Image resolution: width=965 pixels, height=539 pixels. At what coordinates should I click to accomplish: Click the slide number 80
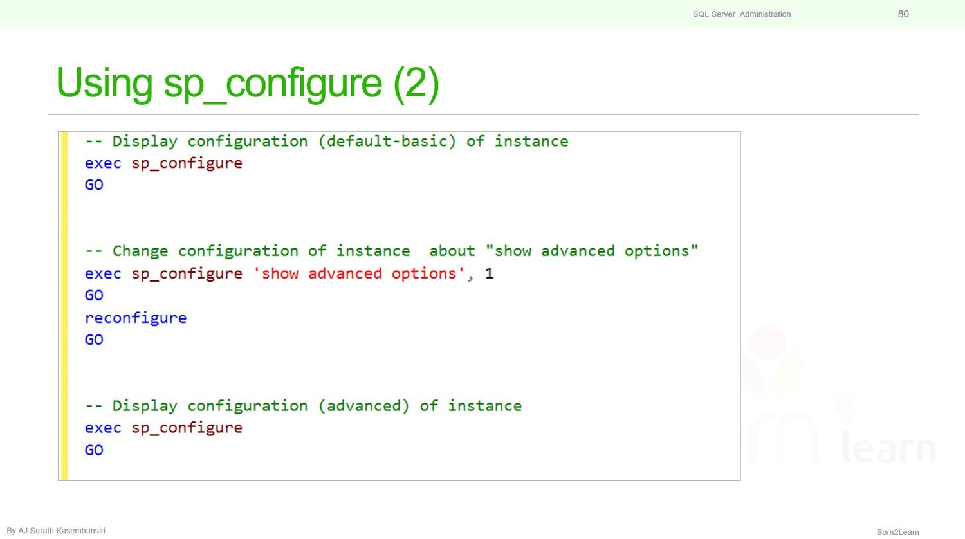[903, 14]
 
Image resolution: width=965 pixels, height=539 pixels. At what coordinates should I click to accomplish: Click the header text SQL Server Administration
[741, 14]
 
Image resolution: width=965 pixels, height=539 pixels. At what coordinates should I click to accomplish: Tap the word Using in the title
[104, 83]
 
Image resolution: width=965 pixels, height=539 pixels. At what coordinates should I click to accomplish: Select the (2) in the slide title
[416, 83]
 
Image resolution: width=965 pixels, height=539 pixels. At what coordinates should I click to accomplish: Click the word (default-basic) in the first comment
[387, 142]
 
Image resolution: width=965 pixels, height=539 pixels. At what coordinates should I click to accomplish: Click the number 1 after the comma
[490, 274]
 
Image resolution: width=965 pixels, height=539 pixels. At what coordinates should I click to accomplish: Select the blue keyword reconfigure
[136, 318]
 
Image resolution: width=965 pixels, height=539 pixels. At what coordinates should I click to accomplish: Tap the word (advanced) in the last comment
[363, 406]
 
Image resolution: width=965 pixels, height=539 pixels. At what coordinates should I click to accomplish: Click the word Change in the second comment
[140, 251]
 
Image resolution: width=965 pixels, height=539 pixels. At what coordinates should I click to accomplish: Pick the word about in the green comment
[452, 251]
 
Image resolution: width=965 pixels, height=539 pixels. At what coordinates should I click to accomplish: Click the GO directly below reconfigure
[94, 340]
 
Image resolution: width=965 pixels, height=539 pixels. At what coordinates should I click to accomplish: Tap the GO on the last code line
[94, 450]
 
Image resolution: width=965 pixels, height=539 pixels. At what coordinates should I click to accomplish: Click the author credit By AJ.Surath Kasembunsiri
[56, 531]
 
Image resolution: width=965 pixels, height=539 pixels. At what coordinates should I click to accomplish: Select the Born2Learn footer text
[897, 532]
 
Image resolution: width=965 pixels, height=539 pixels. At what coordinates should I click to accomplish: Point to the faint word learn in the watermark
[888, 448]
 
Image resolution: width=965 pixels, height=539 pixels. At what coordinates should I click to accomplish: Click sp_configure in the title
[273, 84]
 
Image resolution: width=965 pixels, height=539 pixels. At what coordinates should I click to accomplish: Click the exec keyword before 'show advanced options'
[103, 274]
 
